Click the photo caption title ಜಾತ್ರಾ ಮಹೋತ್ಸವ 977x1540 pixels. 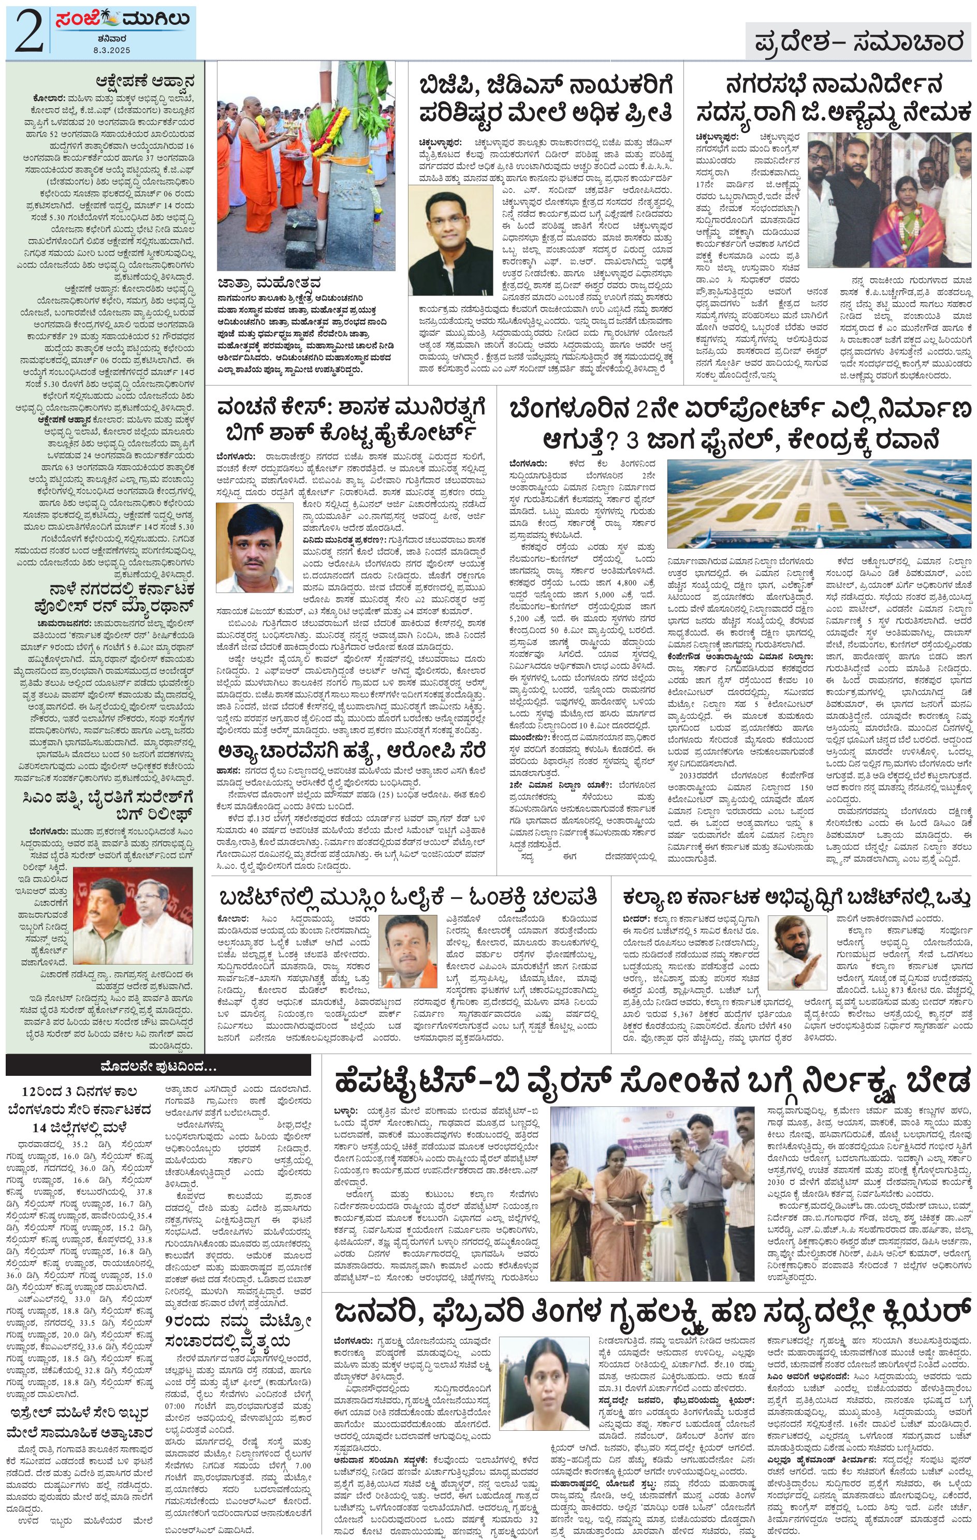[269, 282]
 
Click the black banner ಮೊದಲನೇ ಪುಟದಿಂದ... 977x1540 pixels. [158, 1066]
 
